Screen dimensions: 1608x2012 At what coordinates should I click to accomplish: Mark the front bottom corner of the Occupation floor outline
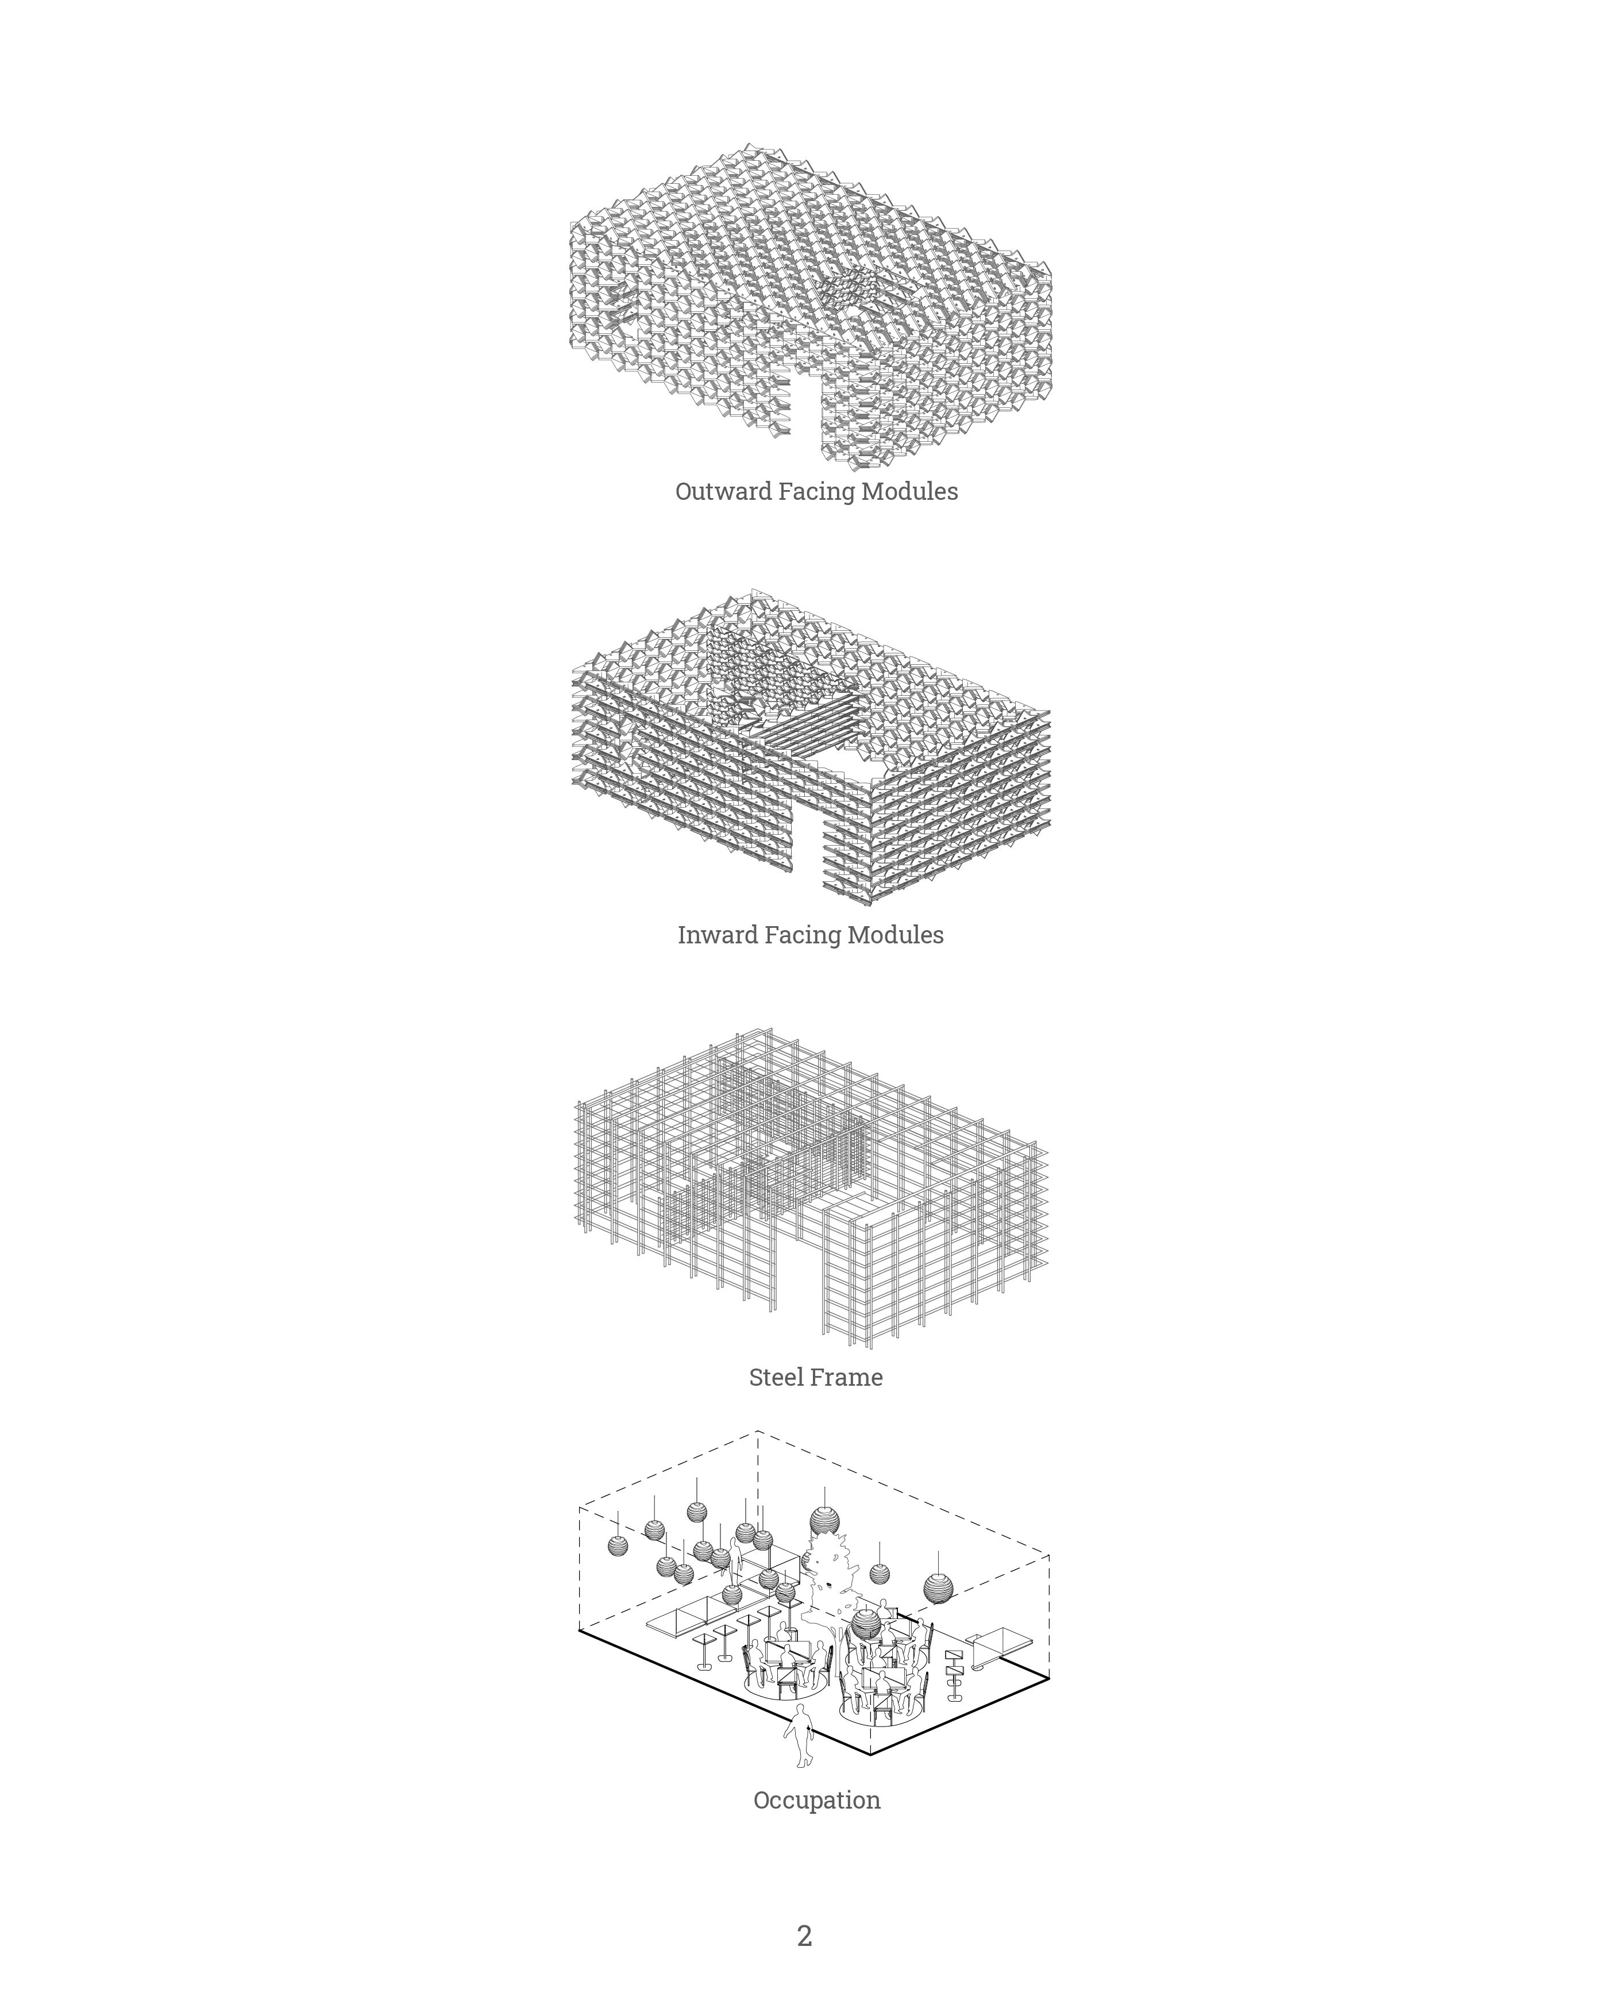click(x=871, y=1755)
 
